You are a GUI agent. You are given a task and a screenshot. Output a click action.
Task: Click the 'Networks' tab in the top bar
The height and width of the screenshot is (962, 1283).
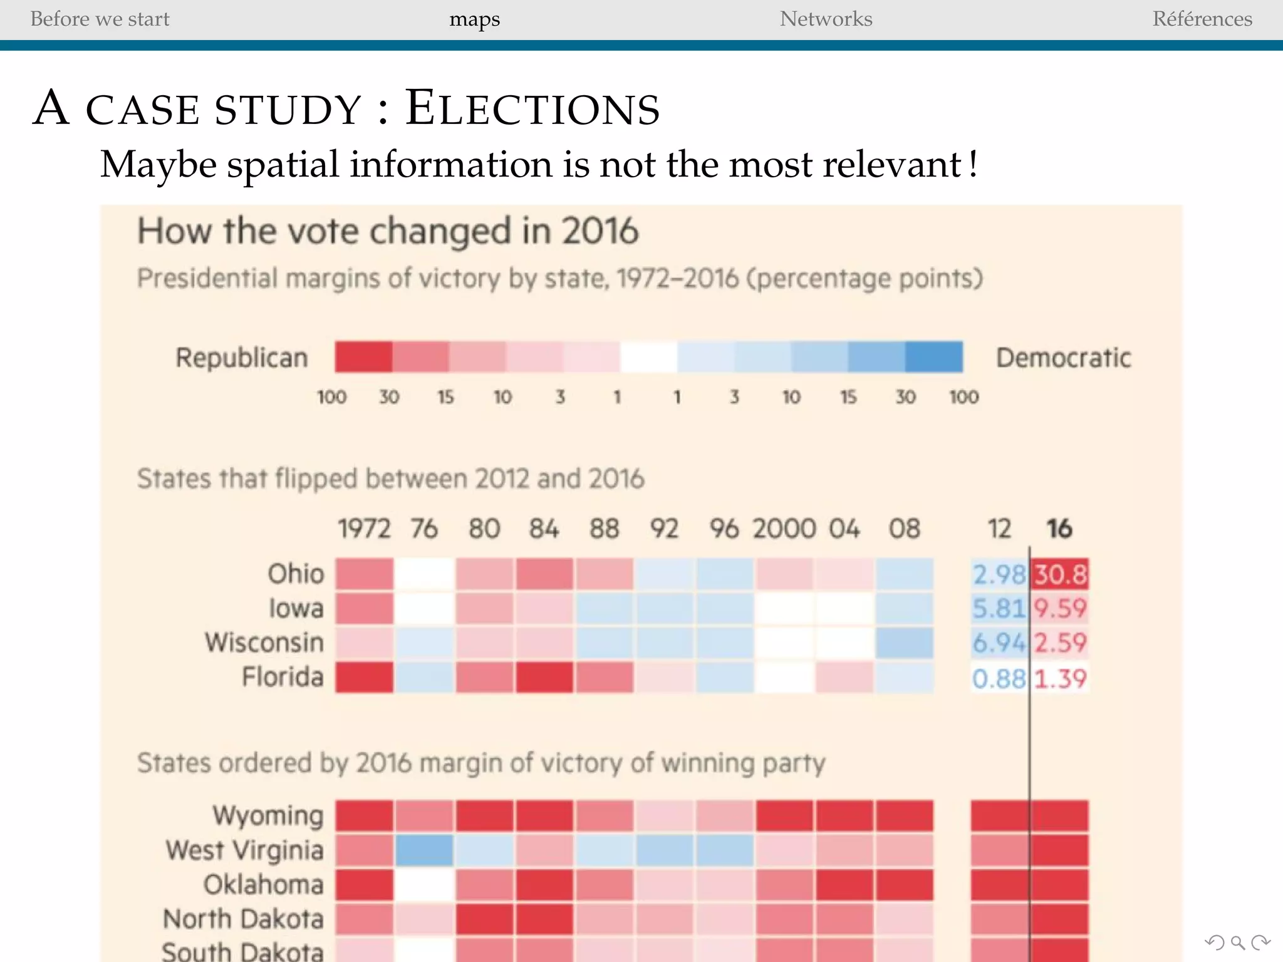(x=826, y=19)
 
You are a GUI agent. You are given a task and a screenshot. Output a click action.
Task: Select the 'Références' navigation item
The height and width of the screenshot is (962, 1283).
(x=1202, y=19)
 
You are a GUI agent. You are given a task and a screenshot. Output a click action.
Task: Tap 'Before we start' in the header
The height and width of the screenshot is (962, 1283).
(x=100, y=19)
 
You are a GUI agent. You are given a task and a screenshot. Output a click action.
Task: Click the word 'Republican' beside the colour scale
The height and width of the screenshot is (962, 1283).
(x=242, y=358)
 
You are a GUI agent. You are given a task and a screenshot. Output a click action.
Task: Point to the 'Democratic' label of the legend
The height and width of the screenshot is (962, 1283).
(x=1063, y=358)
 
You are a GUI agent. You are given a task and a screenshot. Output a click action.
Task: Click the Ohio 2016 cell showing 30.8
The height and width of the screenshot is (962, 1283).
(x=1060, y=574)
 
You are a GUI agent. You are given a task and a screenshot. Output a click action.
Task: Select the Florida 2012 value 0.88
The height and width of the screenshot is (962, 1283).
(x=999, y=678)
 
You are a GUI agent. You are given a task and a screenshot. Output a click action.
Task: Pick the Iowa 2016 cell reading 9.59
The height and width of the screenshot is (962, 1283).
(x=1060, y=608)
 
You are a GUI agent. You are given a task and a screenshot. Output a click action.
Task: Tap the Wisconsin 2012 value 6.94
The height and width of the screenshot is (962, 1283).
(x=999, y=643)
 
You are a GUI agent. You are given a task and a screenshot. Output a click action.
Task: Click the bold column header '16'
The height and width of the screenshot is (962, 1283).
(x=1059, y=529)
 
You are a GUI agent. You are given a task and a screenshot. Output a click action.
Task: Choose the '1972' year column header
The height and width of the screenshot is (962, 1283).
(x=364, y=529)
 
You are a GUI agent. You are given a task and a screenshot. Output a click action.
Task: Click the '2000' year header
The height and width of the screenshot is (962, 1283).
(x=784, y=529)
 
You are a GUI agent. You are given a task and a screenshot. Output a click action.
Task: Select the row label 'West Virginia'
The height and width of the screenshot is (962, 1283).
(x=244, y=851)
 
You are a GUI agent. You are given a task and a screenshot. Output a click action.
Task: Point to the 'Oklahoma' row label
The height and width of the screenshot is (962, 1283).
(x=263, y=884)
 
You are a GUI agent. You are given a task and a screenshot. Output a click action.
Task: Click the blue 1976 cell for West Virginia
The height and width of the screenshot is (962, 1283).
(x=424, y=850)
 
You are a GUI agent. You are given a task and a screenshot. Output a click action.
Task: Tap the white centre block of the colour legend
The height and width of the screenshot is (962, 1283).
(x=648, y=356)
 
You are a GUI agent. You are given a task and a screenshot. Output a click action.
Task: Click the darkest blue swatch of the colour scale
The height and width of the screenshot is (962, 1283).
(x=933, y=356)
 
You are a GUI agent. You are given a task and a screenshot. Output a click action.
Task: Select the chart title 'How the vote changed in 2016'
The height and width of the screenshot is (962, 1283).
(x=388, y=230)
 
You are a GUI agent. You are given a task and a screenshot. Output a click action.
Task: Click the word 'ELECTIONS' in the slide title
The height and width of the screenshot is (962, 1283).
(x=532, y=108)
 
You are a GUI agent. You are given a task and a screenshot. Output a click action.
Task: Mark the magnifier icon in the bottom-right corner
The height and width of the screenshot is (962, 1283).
(x=1237, y=943)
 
